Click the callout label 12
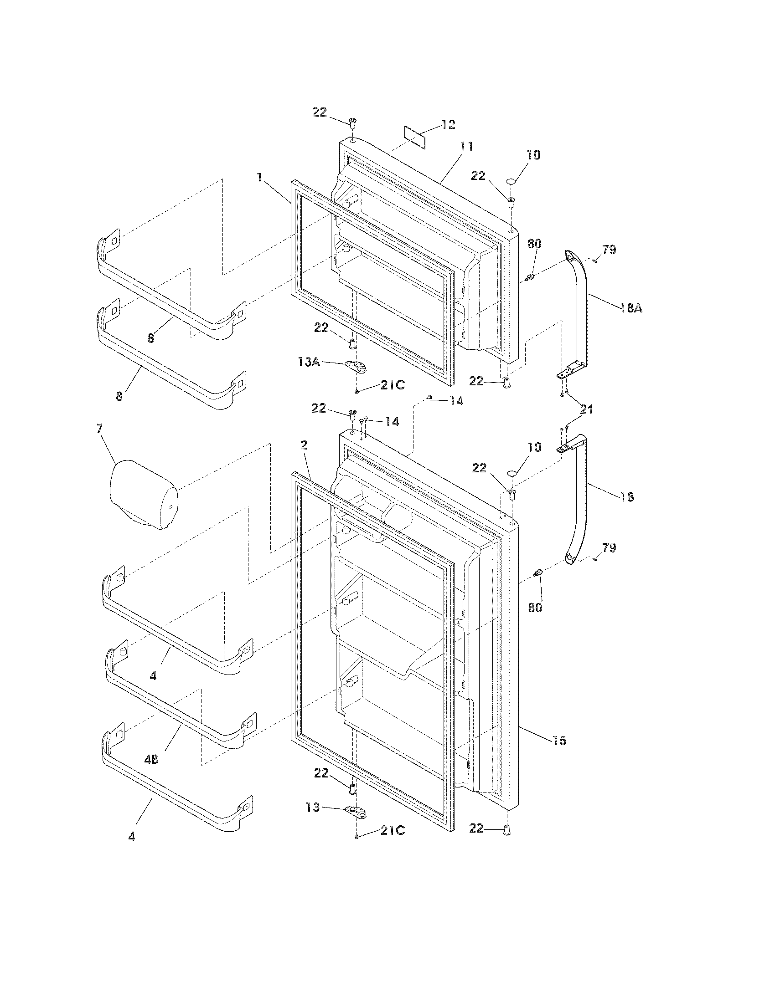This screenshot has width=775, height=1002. [x=448, y=124]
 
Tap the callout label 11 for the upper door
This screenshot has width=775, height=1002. [x=466, y=147]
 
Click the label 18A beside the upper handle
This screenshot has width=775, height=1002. [x=631, y=308]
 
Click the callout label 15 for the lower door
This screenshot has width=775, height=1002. [x=559, y=740]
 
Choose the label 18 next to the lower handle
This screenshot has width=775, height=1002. [x=627, y=496]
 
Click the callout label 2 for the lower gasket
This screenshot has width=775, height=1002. [x=304, y=445]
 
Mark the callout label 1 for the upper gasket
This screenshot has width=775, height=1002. [x=260, y=178]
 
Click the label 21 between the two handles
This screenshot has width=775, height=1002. [x=586, y=410]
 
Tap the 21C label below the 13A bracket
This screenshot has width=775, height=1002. [x=393, y=385]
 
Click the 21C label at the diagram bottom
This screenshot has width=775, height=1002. [x=393, y=831]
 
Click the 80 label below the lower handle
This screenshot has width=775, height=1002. [x=535, y=607]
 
